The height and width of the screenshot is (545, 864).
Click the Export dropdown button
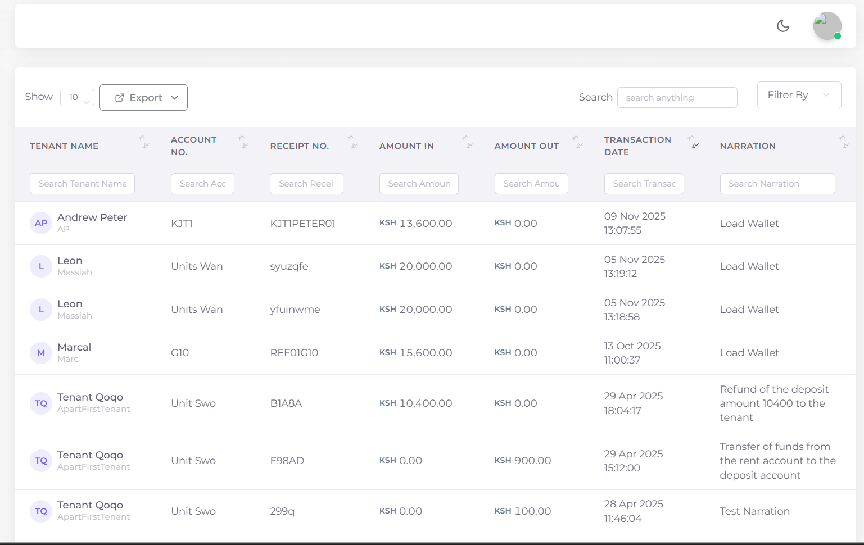(143, 98)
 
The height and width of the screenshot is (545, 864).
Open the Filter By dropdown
(798, 95)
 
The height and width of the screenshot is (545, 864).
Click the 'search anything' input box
(677, 98)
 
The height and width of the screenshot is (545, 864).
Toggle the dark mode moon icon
(783, 26)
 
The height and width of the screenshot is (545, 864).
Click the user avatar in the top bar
(827, 26)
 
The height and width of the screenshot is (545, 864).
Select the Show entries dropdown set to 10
(77, 98)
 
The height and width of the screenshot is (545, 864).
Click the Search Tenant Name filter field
(82, 184)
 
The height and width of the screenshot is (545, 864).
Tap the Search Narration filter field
(777, 184)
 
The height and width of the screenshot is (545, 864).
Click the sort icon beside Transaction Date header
(695, 142)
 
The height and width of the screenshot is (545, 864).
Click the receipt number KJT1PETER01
(302, 224)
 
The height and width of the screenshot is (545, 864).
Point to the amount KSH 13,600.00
(416, 224)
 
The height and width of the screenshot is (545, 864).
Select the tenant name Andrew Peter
(92, 217)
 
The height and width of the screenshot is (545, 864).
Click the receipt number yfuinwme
(295, 310)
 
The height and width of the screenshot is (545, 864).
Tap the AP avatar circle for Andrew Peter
(41, 223)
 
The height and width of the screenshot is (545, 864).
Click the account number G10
(180, 353)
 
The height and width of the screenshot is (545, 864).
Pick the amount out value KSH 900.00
(523, 461)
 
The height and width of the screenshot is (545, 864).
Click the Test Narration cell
(754, 511)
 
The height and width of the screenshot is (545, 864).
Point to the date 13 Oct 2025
(632, 346)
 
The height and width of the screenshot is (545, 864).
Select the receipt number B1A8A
(286, 403)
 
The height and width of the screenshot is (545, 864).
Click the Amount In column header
(406, 146)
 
